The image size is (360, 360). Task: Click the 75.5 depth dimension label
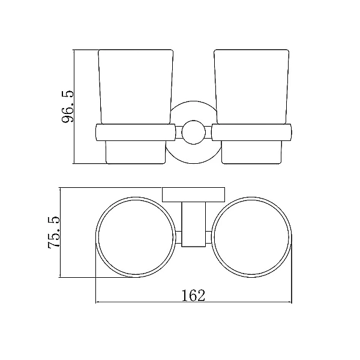pos(54,232)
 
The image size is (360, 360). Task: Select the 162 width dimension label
pos(193,295)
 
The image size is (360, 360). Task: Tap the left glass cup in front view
pos(136,87)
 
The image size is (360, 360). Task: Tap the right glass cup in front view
pos(251,87)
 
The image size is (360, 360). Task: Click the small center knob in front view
pos(193,132)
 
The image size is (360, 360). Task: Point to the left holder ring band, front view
pos(136,133)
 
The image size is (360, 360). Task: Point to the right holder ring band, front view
pos(251,133)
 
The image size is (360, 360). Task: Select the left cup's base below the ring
pos(136,152)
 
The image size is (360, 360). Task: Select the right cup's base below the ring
pos(251,152)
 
